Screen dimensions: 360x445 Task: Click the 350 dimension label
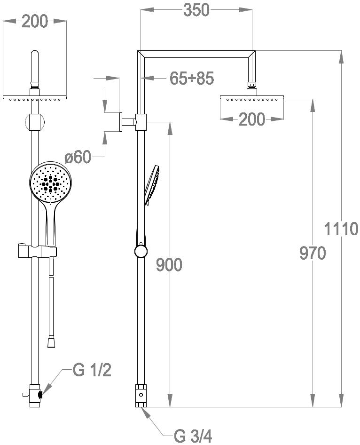tap(196, 10)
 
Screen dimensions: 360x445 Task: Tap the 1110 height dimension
tap(341, 229)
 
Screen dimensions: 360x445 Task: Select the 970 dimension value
tap(313, 253)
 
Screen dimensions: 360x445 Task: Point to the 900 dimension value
tap(169, 265)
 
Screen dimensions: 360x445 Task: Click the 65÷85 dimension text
tap(192, 78)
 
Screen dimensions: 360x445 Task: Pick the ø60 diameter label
tap(78, 157)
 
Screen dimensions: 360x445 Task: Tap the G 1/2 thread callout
tap(92, 370)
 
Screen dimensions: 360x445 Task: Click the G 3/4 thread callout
tap(193, 436)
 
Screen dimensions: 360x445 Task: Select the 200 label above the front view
tap(35, 22)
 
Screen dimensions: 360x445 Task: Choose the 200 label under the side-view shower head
tap(252, 119)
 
